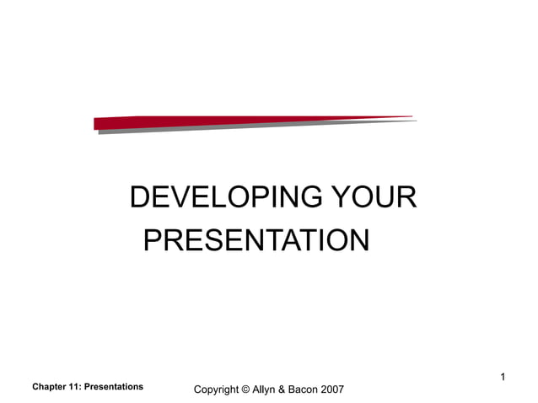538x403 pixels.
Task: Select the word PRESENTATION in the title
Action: click(x=256, y=240)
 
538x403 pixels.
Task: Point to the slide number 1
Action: click(x=503, y=377)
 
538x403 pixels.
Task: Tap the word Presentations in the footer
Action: click(x=116, y=387)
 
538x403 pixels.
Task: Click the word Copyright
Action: click(x=216, y=390)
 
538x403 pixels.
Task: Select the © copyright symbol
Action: click(x=245, y=390)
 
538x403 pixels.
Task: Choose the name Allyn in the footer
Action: click(x=266, y=390)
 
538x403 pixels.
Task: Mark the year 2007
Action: click(x=332, y=390)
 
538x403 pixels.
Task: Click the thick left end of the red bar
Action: click(x=100, y=123)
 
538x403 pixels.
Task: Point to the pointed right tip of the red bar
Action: click(x=412, y=117)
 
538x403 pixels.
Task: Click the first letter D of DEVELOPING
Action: click(x=140, y=199)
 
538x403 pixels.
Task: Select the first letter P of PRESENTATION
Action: click(x=153, y=240)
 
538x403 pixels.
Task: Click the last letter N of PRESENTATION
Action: click(x=359, y=240)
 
